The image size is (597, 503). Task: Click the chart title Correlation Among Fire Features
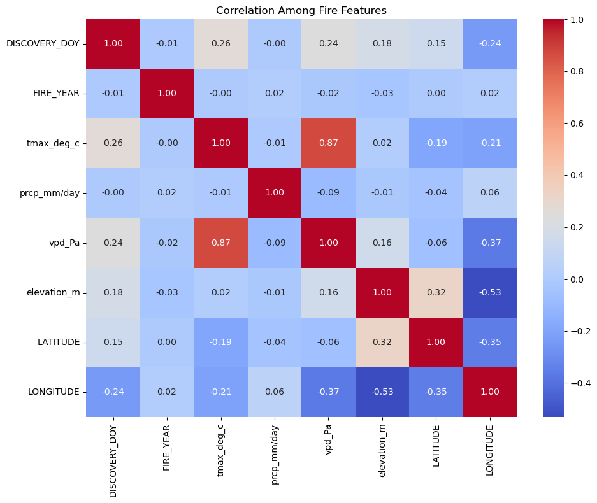(x=301, y=10)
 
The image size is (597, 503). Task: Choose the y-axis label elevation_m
(x=53, y=292)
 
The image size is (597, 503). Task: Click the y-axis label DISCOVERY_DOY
(x=43, y=44)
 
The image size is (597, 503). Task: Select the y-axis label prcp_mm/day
(x=50, y=193)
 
